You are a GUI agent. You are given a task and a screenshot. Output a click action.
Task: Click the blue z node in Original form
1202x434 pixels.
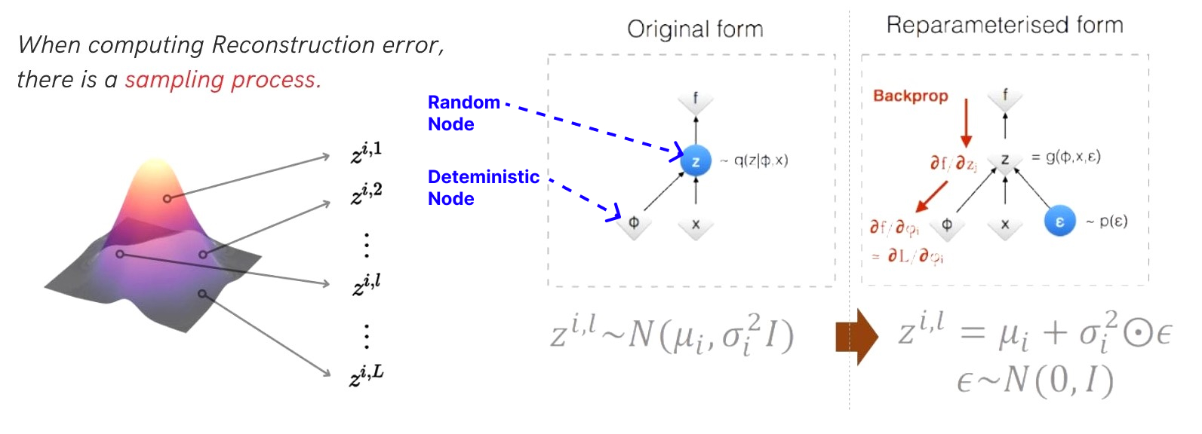[x=695, y=161]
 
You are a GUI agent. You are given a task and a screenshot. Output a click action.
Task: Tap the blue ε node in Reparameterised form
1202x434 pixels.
[x=1059, y=222]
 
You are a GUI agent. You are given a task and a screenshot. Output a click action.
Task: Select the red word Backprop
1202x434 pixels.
[x=910, y=96]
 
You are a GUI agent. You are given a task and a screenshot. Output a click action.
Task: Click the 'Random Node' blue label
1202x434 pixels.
[x=463, y=113]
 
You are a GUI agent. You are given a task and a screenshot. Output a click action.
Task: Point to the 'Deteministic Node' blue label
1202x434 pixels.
[x=483, y=188]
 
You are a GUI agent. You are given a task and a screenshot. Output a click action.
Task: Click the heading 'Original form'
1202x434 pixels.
[x=695, y=29]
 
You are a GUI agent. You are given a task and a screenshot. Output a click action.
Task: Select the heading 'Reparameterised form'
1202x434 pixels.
[x=1004, y=26]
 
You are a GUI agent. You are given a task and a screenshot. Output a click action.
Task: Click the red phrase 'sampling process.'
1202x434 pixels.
[x=223, y=80]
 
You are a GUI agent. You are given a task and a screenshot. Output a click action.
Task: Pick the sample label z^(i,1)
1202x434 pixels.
[x=366, y=153]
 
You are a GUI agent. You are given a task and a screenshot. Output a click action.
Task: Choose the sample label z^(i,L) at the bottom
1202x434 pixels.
[x=367, y=374]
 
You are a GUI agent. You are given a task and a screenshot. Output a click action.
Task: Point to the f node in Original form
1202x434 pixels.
[x=695, y=99]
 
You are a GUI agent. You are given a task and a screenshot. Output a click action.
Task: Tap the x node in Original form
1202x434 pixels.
[x=695, y=225]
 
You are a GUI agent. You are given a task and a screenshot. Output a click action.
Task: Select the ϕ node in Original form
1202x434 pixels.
[x=634, y=224]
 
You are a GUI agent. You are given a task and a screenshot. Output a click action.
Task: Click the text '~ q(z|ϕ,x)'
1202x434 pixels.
[x=754, y=160]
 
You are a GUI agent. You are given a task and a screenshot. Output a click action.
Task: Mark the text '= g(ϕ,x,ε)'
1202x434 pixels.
[x=1065, y=157]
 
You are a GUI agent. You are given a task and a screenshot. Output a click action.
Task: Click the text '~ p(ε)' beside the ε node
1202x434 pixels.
[x=1107, y=222]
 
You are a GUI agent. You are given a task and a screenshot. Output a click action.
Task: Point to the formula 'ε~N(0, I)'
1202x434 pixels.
[x=1034, y=382]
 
